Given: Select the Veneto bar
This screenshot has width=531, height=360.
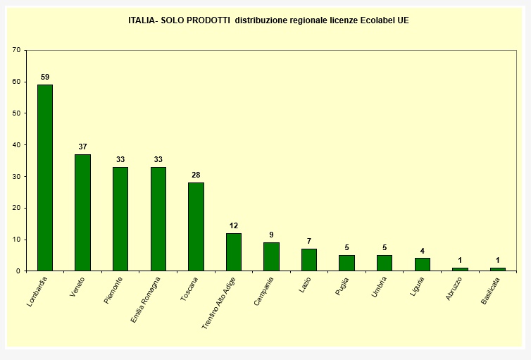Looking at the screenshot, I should [82, 212].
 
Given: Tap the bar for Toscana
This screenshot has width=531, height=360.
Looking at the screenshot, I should [196, 226].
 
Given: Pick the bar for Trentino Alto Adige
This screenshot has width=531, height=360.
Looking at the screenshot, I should [234, 252].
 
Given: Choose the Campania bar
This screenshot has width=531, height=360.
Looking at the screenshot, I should [271, 256].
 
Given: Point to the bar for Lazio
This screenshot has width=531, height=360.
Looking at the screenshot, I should [309, 259].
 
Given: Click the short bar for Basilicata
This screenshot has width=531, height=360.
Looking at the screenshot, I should [498, 269].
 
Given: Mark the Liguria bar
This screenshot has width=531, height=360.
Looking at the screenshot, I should [423, 264].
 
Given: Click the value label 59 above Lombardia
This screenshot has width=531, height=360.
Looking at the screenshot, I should [45, 77].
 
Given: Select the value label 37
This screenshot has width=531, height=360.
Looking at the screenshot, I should [82, 147].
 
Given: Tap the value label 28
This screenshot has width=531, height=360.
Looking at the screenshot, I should [196, 175].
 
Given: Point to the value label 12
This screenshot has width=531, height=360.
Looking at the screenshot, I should [234, 225].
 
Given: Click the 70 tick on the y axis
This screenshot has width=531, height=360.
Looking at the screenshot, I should [16, 50].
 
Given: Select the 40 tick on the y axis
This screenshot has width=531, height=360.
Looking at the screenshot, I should [16, 144].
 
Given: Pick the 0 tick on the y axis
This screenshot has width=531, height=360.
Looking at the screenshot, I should [18, 271].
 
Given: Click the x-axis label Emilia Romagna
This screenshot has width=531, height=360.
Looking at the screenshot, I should [146, 300].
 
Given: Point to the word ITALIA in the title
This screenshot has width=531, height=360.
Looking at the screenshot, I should [142, 20].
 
